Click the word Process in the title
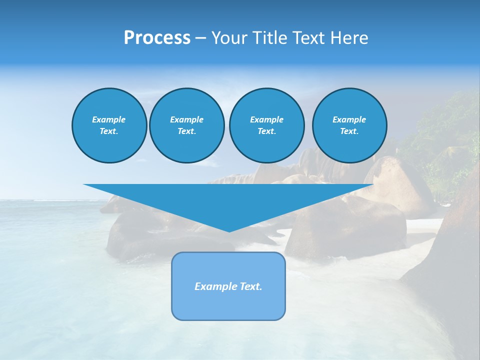coord(157,38)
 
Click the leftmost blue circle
coord(109,125)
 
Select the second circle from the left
coord(186,125)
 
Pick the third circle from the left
coord(266,125)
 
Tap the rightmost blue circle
coord(349,125)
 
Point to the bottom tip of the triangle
coord(228,231)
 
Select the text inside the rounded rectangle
coord(228,286)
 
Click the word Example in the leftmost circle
coord(109,119)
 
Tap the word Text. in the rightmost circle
coord(349,131)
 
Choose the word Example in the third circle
coord(266,119)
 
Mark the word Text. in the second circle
coord(186,131)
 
